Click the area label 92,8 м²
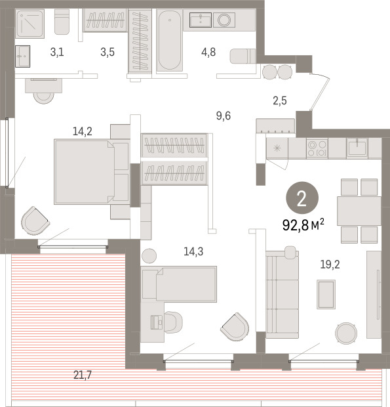[x=303, y=225]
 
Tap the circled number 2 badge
[x=302, y=198]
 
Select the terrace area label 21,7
[x=83, y=375]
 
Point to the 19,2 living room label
[x=330, y=265]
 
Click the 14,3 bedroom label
[x=193, y=251]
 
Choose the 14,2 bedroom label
[x=83, y=131]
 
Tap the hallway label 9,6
[x=224, y=116]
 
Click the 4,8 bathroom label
[x=208, y=52]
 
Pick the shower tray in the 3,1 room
[x=29, y=24]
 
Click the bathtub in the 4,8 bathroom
[x=170, y=40]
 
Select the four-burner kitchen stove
[x=317, y=148]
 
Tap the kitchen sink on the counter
[x=357, y=148]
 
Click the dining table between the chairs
[x=359, y=211]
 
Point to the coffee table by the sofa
[x=326, y=294]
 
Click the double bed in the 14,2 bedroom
[x=92, y=172]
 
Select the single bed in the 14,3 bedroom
[x=179, y=284]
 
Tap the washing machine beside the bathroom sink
[x=224, y=20]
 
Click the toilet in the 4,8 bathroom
[x=243, y=56]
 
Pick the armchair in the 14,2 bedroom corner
[x=35, y=221]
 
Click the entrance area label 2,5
[x=280, y=100]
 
